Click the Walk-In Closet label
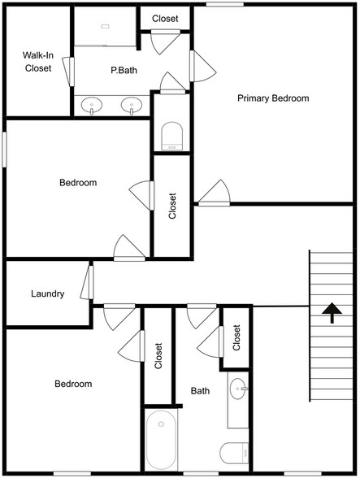pyautogui.click(x=37, y=62)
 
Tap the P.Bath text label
pyautogui.click(x=124, y=71)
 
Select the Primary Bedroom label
pyautogui.click(x=273, y=98)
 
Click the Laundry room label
pyautogui.click(x=47, y=293)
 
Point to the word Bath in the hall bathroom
pyautogui.click(x=200, y=391)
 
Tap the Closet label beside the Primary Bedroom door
pyautogui.click(x=172, y=206)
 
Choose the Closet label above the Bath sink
pyautogui.click(x=236, y=337)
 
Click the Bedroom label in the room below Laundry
pyautogui.click(x=73, y=384)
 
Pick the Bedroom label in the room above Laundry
pyautogui.click(x=78, y=183)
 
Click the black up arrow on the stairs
pyautogui.click(x=331, y=313)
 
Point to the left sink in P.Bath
pyautogui.click(x=92, y=105)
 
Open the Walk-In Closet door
pyautogui.click(x=72, y=71)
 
